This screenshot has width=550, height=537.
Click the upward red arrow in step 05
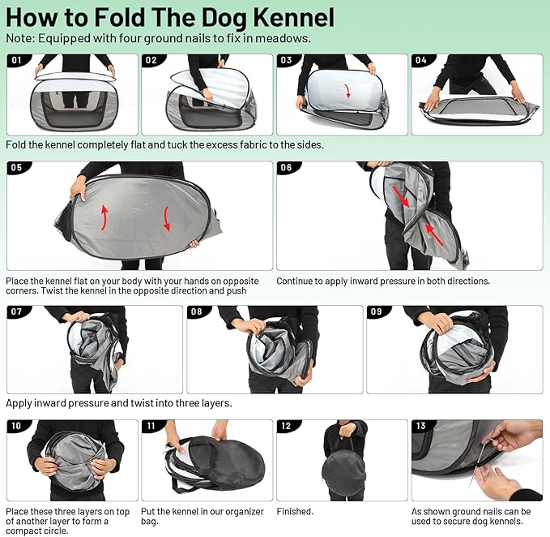pyautogui.click(x=105, y=214)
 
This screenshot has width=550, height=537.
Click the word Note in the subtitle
pyautogui.click(x=19, y=38)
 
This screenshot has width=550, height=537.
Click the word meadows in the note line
pyautogui.click(x=289, y=38)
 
